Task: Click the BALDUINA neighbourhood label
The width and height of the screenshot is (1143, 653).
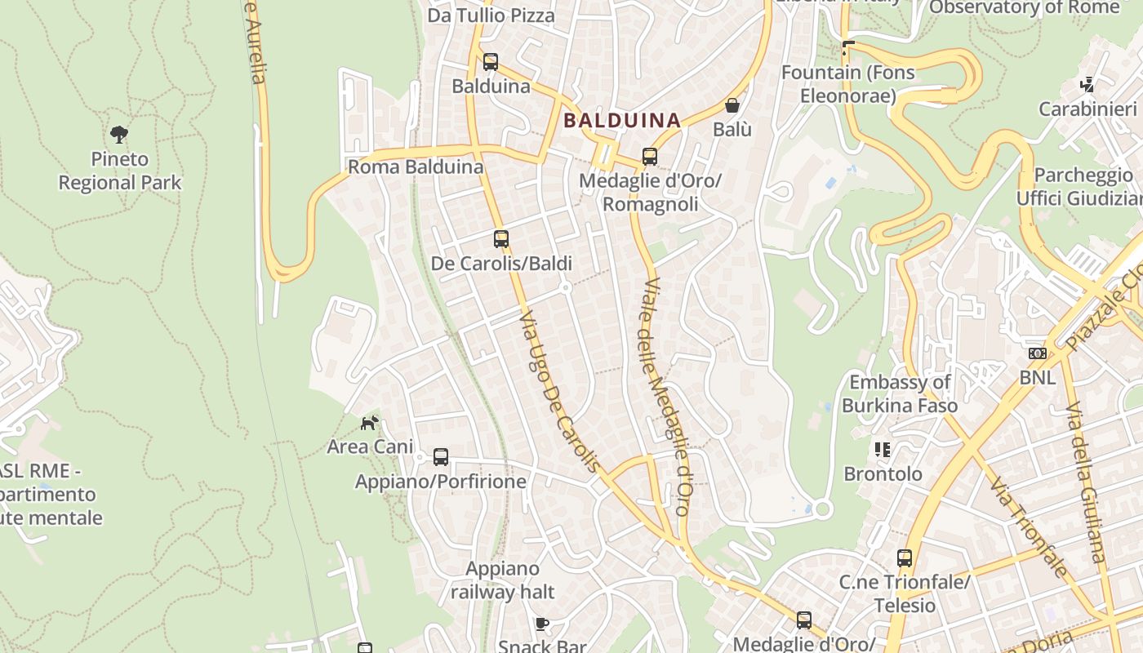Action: click(622, 121)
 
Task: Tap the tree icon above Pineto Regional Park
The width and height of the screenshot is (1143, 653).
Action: click(119, 135)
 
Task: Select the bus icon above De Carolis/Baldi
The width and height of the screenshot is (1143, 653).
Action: click(501, 239)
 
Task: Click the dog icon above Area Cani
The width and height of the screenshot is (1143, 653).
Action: click(370, 423)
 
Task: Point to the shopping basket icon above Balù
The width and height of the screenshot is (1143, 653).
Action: click(732, 105)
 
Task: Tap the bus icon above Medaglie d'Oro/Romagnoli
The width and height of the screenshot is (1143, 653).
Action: click(650, 157)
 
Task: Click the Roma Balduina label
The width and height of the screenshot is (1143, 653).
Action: click(416, 167)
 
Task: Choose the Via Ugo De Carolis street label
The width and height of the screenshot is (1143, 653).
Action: click(561, 390)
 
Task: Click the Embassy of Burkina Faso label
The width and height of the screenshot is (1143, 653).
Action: click(900, 393)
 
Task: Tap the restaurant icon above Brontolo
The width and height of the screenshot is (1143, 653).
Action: click(883, 450)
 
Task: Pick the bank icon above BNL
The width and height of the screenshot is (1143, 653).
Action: click(1038, 353)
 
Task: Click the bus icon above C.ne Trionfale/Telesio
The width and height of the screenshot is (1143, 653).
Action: click(905, 558)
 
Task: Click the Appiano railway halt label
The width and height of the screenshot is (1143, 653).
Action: click(503, 580)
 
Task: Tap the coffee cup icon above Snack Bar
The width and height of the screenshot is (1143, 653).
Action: click(541, 624)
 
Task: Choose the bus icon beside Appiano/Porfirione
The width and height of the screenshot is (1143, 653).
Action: click(441, 457)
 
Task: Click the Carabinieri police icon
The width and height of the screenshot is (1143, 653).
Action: click(1087, 84)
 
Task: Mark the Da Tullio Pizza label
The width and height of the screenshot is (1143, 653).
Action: click(491, 16)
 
